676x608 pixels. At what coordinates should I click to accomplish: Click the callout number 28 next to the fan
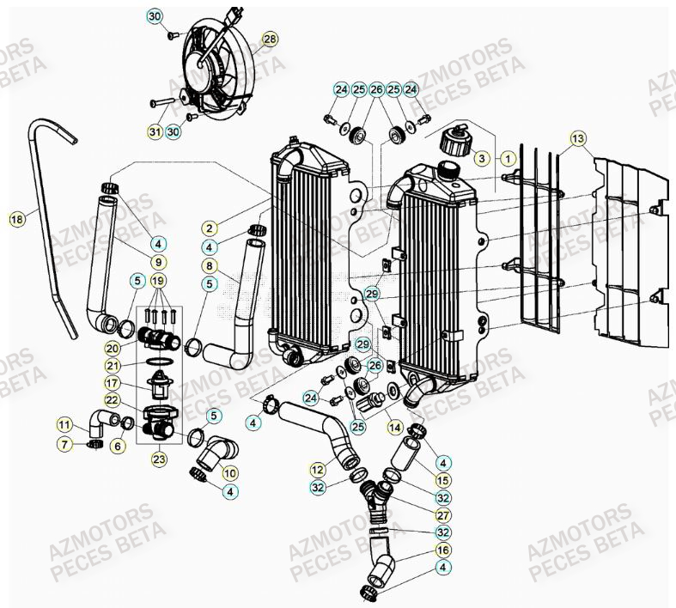[x=271, y=40]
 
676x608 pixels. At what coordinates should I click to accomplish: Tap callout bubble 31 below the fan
[x=155, y=131]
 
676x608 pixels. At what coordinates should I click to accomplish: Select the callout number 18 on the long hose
[x=15, y=220]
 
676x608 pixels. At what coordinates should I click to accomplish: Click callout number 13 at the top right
[x=577, y=138]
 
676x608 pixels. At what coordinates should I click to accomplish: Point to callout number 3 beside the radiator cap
[x=482, y=158]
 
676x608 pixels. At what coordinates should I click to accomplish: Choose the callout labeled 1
[x=509, y=158]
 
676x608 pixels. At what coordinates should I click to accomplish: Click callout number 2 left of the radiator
[x=209, y=228]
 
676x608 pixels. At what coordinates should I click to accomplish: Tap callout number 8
[x=209, y=266]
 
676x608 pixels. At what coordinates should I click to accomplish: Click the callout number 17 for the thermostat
[x=136, y=383]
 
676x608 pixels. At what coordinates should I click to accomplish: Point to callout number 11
[x=64, y=424]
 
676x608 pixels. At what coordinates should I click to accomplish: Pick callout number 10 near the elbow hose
[x=230, y=472]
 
